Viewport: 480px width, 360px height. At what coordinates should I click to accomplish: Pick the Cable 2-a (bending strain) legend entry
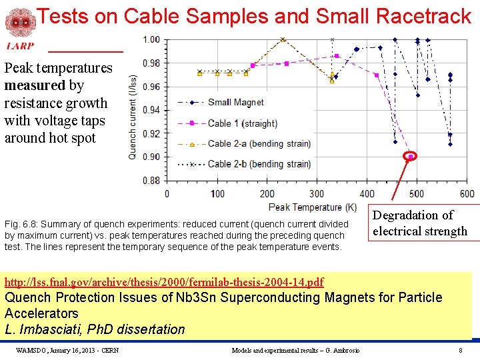click(x=249, y=143)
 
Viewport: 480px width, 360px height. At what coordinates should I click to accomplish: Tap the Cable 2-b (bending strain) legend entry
click(x=249, y=163)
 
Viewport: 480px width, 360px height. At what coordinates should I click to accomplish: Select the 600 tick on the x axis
click(x=467, y=193)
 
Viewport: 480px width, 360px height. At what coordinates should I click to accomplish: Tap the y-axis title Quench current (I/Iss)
click(x=134, y=117)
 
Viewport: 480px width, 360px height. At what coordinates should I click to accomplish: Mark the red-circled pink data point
click(x=411, y=156)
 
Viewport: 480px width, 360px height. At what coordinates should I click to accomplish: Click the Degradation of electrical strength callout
click(x=420, y=223)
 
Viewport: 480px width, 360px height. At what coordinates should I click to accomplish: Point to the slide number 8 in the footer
click(x=460, y=350)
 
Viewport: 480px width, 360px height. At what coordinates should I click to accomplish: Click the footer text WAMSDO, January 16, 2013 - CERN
click(x=67, y=350)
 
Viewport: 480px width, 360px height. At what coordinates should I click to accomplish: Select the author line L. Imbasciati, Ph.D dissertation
click(x=95, y=329)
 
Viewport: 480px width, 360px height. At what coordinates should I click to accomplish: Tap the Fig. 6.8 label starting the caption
click(x=18, y=224)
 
